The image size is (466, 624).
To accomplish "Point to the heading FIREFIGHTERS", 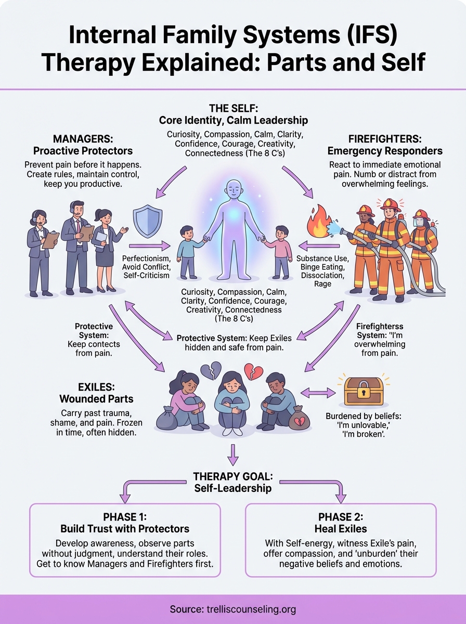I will click(384, 139).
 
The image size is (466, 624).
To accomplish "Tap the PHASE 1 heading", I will click(125, 517).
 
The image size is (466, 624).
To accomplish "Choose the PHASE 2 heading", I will click(341, 517).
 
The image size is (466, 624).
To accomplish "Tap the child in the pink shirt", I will click(281, 250).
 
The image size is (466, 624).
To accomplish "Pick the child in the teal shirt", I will click(188, 250).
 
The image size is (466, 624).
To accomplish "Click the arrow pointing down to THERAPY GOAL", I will click(232, 454).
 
